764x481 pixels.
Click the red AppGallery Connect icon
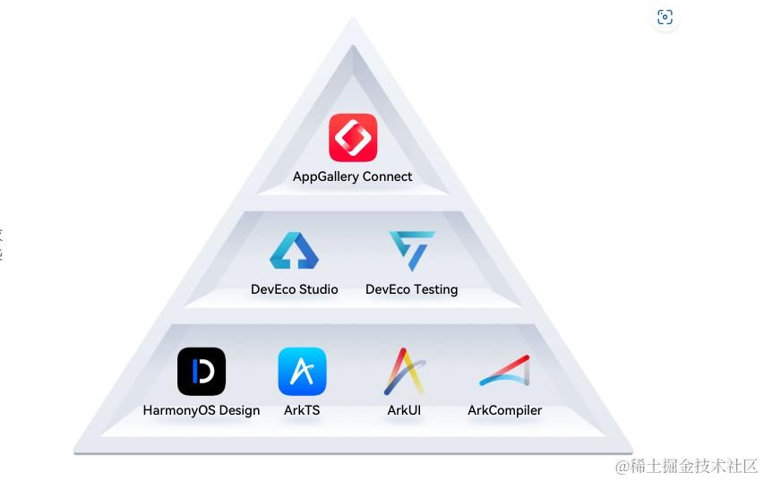[x=353, y=138]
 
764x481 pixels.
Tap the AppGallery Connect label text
[x=353, y=176]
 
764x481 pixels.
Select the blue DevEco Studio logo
[x=294, y=252]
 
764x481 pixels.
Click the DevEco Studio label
[x=294, y=289]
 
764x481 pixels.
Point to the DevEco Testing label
[x=412, y=289]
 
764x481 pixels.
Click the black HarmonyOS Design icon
[x=202, y=372]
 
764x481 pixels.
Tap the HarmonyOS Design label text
[x=202, y=410]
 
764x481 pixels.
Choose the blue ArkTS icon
[x=302, y=372]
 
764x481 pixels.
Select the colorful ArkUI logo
[x=405, y=372]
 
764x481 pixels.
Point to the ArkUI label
[x=404, y=410]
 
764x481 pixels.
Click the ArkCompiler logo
[x=504, y=372]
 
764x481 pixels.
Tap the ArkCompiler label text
[x=504, y=410]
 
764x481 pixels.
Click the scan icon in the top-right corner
[x=665, y=17]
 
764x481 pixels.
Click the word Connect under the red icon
[x=383, y=176]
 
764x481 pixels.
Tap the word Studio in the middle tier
[x=316, y=289]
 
